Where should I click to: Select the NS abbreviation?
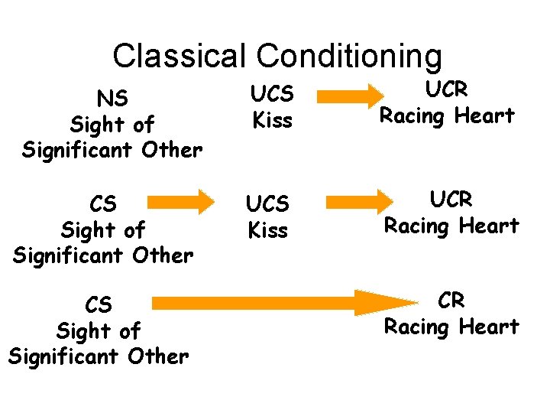[x=112, y=98]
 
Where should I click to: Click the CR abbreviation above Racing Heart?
[x=451, y=301]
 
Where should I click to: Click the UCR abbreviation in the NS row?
[x=447, y=89]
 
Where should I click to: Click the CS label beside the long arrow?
[x=99, y=305]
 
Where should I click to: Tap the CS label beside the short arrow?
[x=103, y=204]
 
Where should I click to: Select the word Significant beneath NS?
[x=76, y=149]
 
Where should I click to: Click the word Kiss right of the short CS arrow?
[x=268, y=229]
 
